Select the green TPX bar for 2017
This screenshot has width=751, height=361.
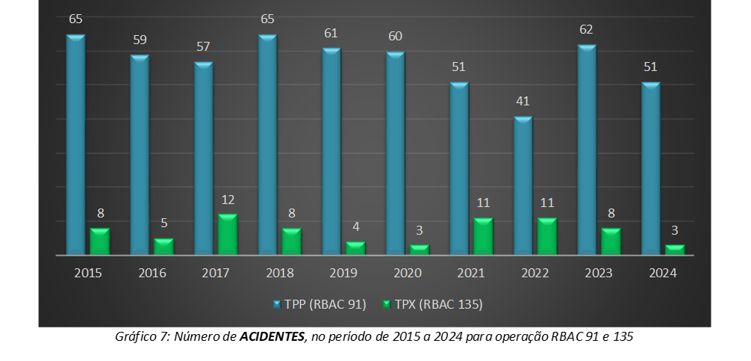coord(228,235)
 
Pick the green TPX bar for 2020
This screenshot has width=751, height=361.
coord(420,250)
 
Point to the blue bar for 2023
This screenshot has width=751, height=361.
coord(587,149)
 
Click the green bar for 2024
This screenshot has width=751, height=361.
coord(675,250)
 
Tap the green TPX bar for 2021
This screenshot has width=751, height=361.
coord(483,236)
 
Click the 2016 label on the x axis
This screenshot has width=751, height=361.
coord(152,273)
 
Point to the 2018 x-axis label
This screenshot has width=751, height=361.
coord(280,273)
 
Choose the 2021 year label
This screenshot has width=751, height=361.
coord(471,273)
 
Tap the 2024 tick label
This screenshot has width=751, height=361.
coord(663,273)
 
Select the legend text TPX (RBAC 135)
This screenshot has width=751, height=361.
coord(440,304)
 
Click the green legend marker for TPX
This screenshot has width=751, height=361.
coord(387,305)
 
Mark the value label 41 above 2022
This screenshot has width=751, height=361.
coord(523,101)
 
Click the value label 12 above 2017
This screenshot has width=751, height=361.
coord(228,200)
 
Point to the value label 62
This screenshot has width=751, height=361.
coord(587,30)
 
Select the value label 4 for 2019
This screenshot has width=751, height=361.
coord(355,226)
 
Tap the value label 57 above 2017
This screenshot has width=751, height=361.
coord(203,46)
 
